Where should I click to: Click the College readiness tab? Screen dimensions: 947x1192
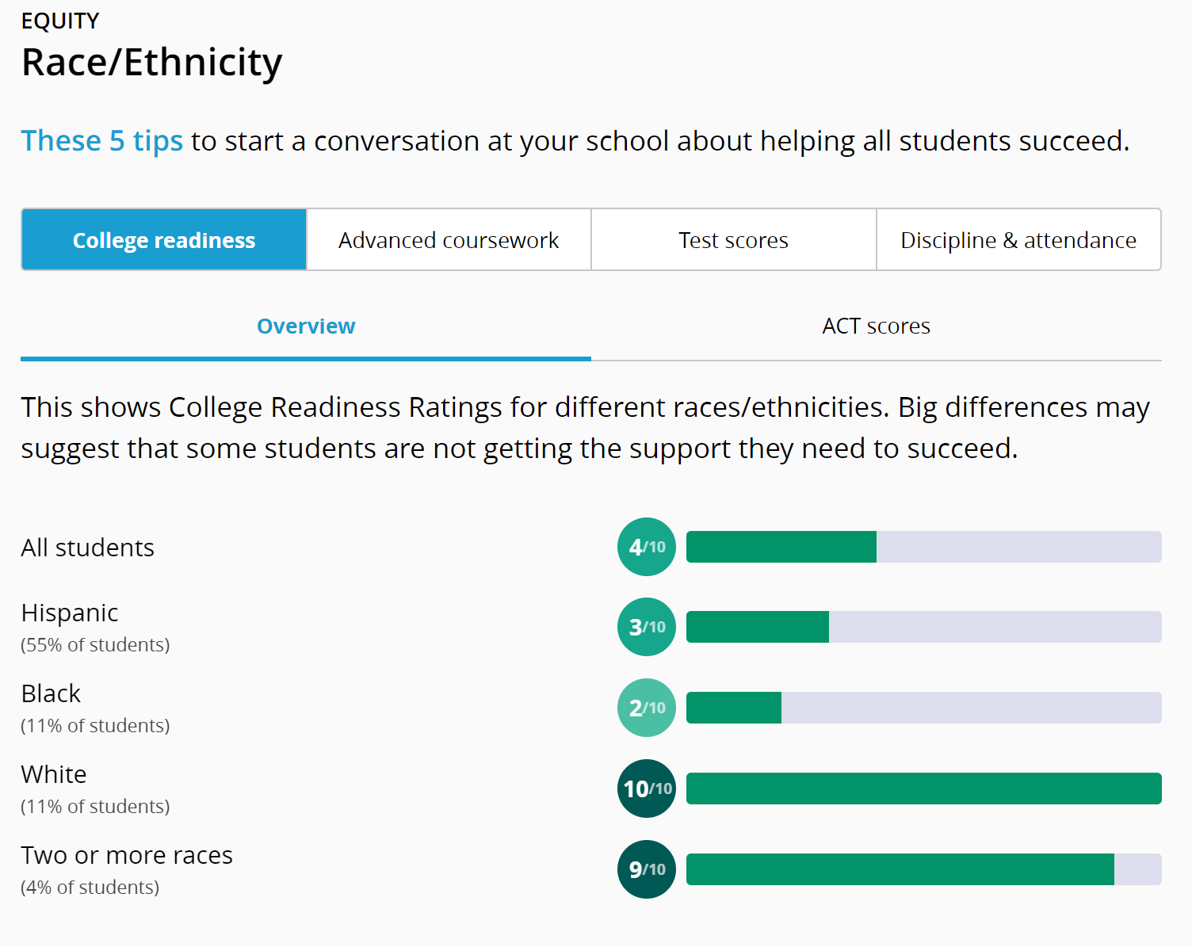coord(164,240)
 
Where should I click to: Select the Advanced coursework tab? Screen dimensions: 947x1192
coord(449,240)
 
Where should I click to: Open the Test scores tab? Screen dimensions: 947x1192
coord(733,240)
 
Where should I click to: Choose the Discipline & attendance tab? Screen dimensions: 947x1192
coord(1018,240)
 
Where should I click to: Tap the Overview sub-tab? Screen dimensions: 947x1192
coord(306,326)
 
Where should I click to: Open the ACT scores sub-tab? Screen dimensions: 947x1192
coord(876,326)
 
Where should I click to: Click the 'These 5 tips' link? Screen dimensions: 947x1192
coord(101,141)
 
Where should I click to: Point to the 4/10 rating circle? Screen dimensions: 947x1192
coord(647,547)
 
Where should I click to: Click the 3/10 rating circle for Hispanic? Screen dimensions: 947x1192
coord(647,627)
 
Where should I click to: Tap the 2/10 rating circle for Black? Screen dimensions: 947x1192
coord(647,708)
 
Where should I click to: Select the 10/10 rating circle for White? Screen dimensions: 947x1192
coord(647,789)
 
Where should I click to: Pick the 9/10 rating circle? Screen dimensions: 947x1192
coord(647,869)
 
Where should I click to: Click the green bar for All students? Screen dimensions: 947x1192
coord(781,547)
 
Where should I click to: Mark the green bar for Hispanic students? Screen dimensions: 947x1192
coord(757,627)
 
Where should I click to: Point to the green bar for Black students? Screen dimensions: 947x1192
coord(733,708)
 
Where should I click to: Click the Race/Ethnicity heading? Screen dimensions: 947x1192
coord(151,63)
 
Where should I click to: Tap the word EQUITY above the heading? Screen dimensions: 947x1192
coord(60,21)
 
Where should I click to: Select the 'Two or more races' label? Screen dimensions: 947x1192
coord(127,856)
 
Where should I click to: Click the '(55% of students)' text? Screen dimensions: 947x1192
coord(95,645)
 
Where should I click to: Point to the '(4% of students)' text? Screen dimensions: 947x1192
coord(90,888)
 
